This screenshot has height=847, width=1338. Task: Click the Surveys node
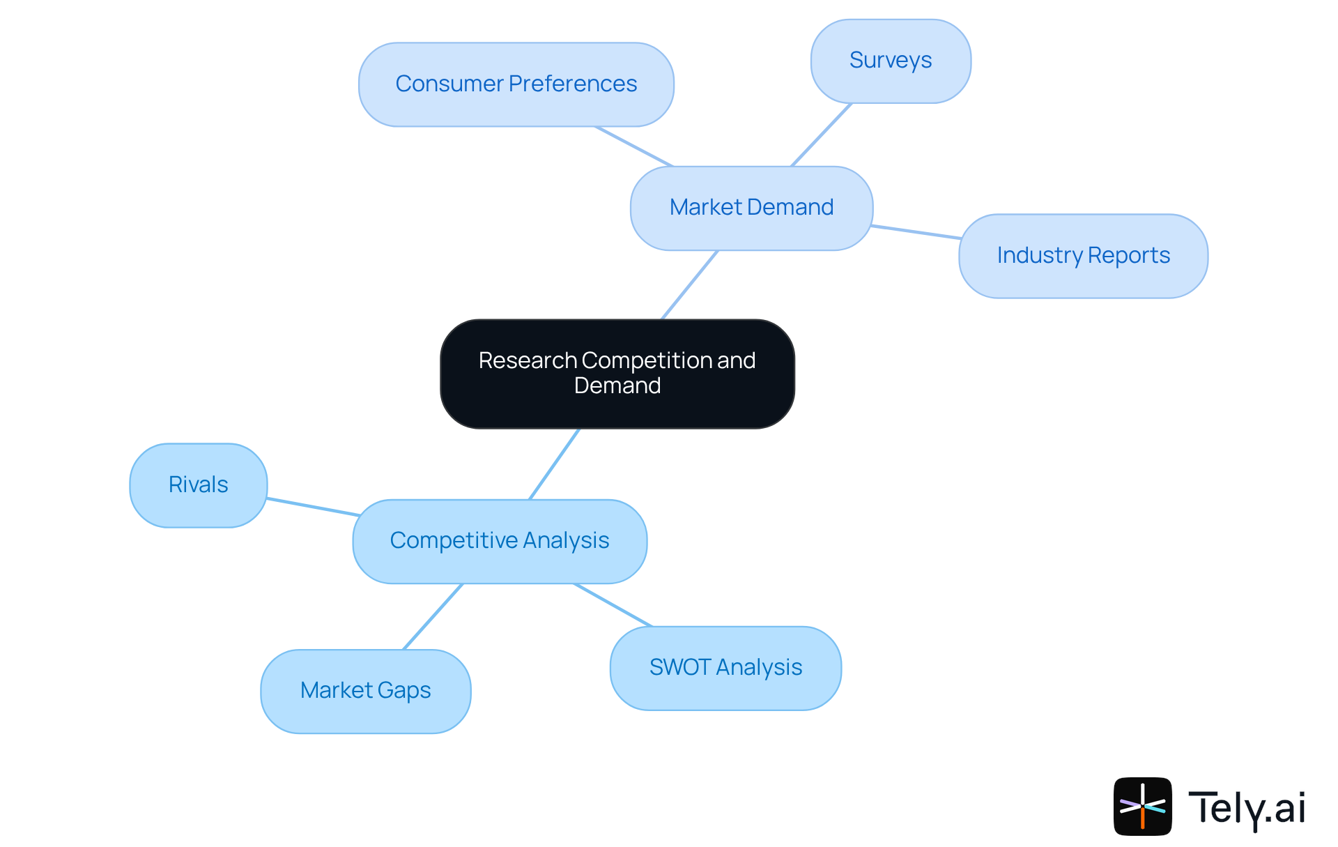click(891, 61)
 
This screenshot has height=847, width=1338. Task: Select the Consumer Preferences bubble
click(516, 84)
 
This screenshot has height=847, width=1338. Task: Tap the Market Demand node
click(751, 208)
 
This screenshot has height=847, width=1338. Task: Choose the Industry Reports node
click(1083, 256)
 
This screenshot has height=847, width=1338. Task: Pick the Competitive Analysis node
click(500, 541)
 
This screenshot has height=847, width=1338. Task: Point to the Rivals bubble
click(199, 485)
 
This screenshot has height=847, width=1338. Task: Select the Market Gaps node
click(366, 691)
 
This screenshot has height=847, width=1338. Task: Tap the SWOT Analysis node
click(725, 668)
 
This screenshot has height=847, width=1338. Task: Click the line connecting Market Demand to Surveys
click(821, 135)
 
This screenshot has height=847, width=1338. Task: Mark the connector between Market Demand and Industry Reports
click(916, 232)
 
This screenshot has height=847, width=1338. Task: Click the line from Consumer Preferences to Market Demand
click(633, 146)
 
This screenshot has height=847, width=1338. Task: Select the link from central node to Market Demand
click(689, 285)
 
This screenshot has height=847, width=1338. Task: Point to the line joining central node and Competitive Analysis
click(555, 464)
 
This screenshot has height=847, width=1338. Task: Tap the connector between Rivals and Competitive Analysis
click(313, 507)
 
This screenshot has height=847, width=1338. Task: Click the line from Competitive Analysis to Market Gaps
click(433, 617)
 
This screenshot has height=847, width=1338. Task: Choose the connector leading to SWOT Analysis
click(613, 605)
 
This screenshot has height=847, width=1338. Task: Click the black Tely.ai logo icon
click(1142, 807)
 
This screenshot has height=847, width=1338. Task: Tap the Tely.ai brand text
click(1247, 808)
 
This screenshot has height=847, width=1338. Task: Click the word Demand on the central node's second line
click(617, 386)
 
